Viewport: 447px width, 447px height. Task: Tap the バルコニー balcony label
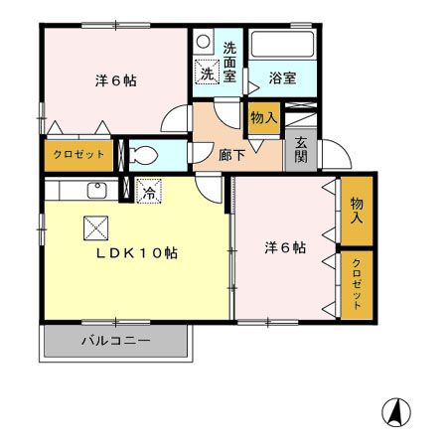coord(114,341)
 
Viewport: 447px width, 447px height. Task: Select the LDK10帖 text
coord(136,252)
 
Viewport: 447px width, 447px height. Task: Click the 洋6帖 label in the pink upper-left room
coord(115,79)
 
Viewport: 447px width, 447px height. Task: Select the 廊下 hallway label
coord(231,154)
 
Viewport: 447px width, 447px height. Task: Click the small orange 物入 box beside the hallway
coord(263,118)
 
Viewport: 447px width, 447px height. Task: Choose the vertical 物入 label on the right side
coord(357,210)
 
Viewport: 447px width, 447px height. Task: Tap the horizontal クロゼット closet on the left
coord(76,156)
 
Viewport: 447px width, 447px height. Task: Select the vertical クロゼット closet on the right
coord(357,285)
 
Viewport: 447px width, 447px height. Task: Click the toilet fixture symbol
coord(142,155)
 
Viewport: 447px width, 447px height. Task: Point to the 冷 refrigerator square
coord(148,192)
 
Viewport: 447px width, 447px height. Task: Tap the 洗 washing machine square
coord(208,73)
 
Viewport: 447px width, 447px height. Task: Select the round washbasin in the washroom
coord(203,42)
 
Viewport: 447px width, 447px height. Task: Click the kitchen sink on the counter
coord(98,190)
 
